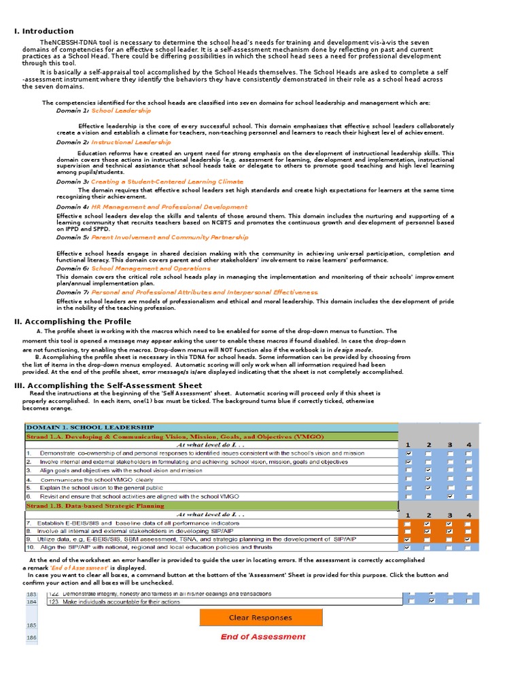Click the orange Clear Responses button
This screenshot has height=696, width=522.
point(261,617)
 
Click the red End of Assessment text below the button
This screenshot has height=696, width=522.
point(263,637)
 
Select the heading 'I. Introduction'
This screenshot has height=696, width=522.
point(44,31)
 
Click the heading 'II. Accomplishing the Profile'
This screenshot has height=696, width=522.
point(73,321)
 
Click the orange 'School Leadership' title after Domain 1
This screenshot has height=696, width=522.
point(121,110)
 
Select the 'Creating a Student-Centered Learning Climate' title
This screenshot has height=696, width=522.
point(167,181)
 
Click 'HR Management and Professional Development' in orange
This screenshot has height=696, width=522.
point(169,207)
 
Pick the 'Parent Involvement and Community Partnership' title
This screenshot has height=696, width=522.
point(170,237)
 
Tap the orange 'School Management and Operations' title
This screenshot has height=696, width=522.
point(151,268)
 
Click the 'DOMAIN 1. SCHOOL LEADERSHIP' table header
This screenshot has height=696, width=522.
point(90,427)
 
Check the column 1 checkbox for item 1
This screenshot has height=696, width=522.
point(408,453)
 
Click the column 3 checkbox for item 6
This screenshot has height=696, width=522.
point(449,497)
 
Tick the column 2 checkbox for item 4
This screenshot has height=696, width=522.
point(428,479)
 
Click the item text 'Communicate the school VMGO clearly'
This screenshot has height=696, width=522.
point(106,479)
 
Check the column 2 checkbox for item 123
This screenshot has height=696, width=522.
point(432,601)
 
